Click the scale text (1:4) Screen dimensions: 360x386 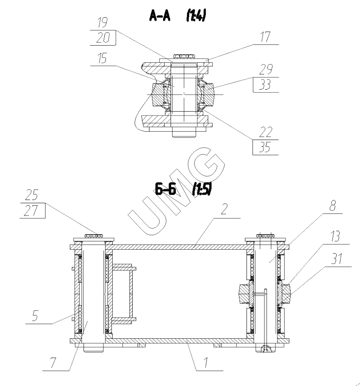(196, 16)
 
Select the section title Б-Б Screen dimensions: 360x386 (165, 189)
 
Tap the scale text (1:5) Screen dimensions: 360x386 (202, 189)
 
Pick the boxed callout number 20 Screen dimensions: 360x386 (103, 38)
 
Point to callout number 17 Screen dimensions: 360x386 (265, 37)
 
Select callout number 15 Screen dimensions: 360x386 (101, 58)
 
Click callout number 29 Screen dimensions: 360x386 (266, 69)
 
